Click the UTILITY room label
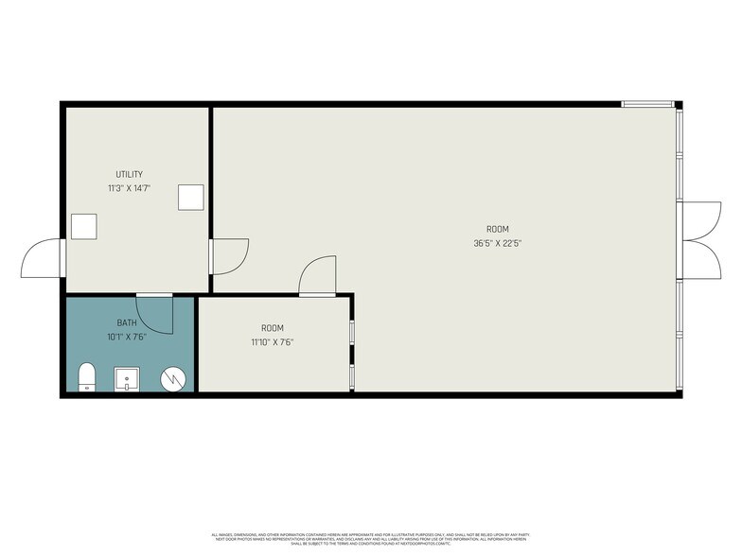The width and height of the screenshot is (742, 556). [x=130, y=174]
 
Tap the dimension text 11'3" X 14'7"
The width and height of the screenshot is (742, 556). [x=130, y=188]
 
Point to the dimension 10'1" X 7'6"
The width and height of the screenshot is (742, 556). [x=127, y=336]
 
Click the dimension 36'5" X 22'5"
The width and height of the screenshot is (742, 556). [x=498, y=243]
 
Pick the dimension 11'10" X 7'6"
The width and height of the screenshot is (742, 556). [x=273, y=341]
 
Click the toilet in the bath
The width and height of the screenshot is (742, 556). [x=86, y=375]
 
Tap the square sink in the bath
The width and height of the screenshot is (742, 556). [x=127, y=378]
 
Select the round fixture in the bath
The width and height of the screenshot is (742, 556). [x=173, y=378]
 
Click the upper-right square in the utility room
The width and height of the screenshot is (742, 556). [x=192, y=196]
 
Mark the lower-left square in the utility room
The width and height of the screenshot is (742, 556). [x=84, y=228]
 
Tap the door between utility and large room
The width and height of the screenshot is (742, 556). [x=230, y=255]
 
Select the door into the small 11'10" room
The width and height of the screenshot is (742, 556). [x=317, y=276]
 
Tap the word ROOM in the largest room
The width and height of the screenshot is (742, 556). [x=498, y=229]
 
